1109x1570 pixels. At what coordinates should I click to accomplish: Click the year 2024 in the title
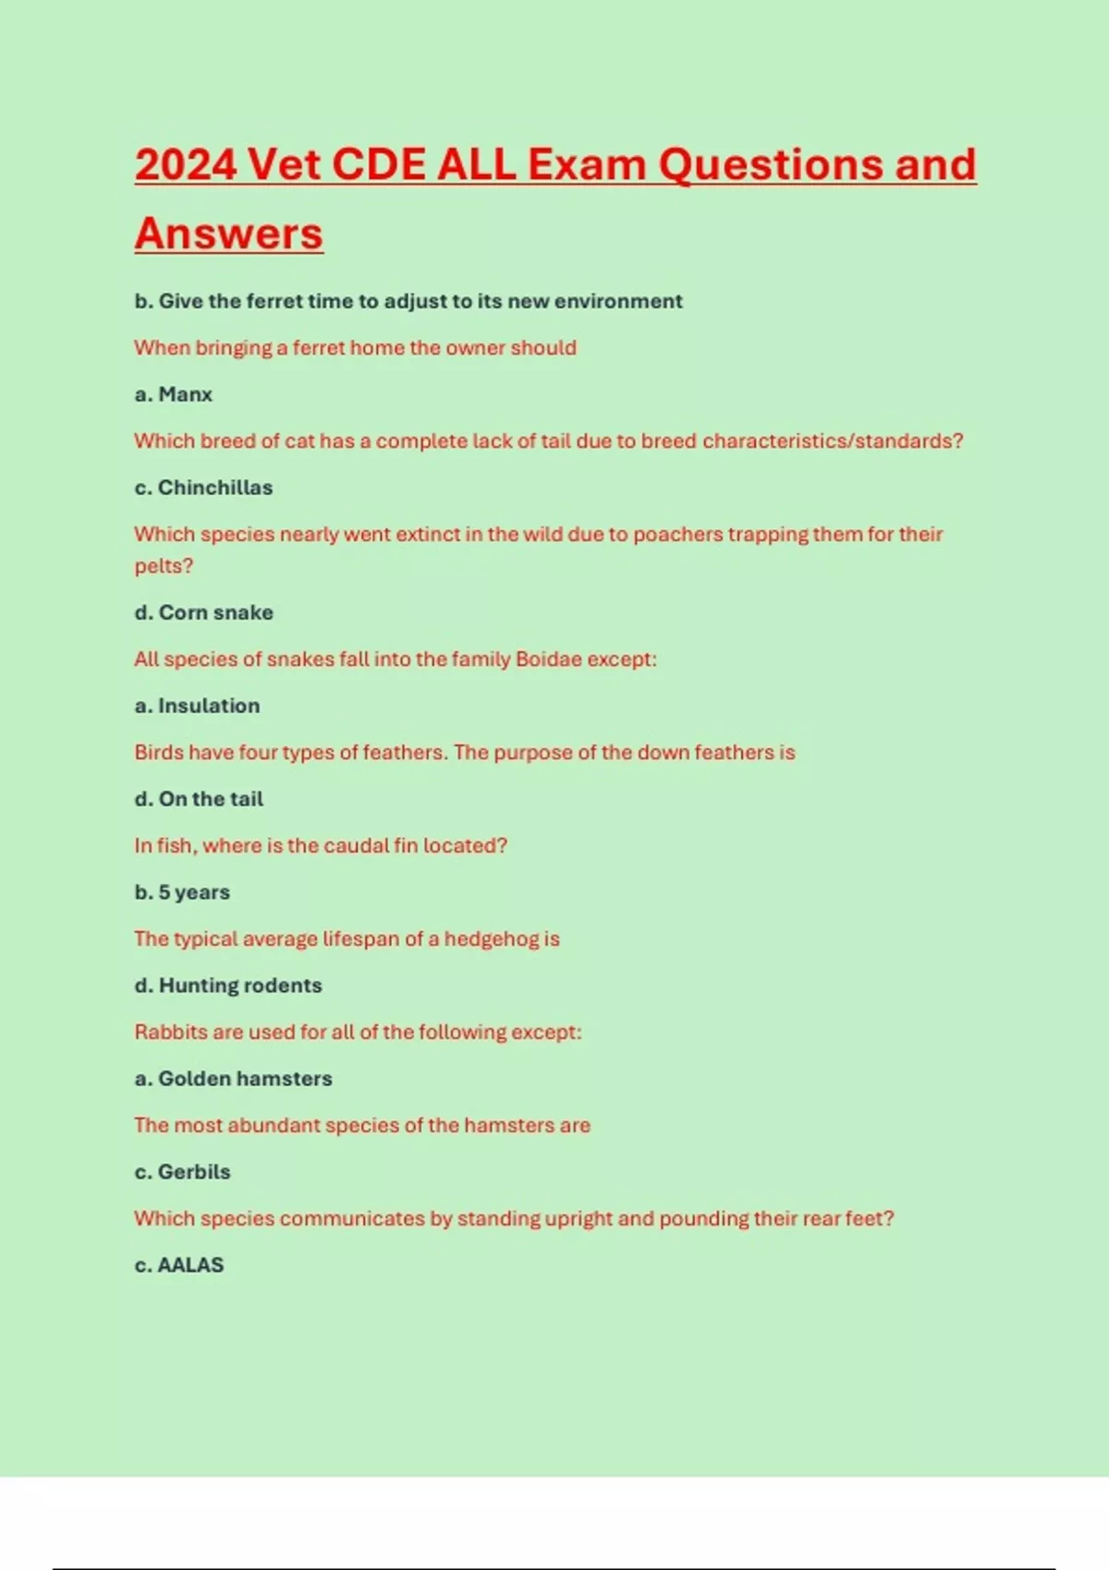pos(186,165)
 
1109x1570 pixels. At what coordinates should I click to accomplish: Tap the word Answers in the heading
pos(228,234)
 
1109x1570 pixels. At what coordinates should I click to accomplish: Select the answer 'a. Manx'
pos(174,394)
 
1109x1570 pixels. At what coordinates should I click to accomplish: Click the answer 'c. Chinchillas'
pos(203,488)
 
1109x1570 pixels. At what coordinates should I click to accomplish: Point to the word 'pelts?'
pos(164,566)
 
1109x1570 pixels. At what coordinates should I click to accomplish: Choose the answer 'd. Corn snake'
pos(203,612)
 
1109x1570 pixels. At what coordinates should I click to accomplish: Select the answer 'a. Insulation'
pos(197,706)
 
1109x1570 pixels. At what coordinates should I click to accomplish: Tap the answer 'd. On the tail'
pos(199,799)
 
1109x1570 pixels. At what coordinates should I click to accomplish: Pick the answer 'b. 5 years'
pos(182,892)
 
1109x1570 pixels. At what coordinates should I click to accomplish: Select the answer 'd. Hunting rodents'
pos(228,985)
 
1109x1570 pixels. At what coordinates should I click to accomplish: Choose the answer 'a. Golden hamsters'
pos(233,1079)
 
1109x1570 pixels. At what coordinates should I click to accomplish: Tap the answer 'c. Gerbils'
pos(182,1172)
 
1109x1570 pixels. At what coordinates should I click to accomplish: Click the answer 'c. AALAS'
pos(179,1265)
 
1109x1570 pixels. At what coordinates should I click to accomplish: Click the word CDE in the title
pos(377,165)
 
